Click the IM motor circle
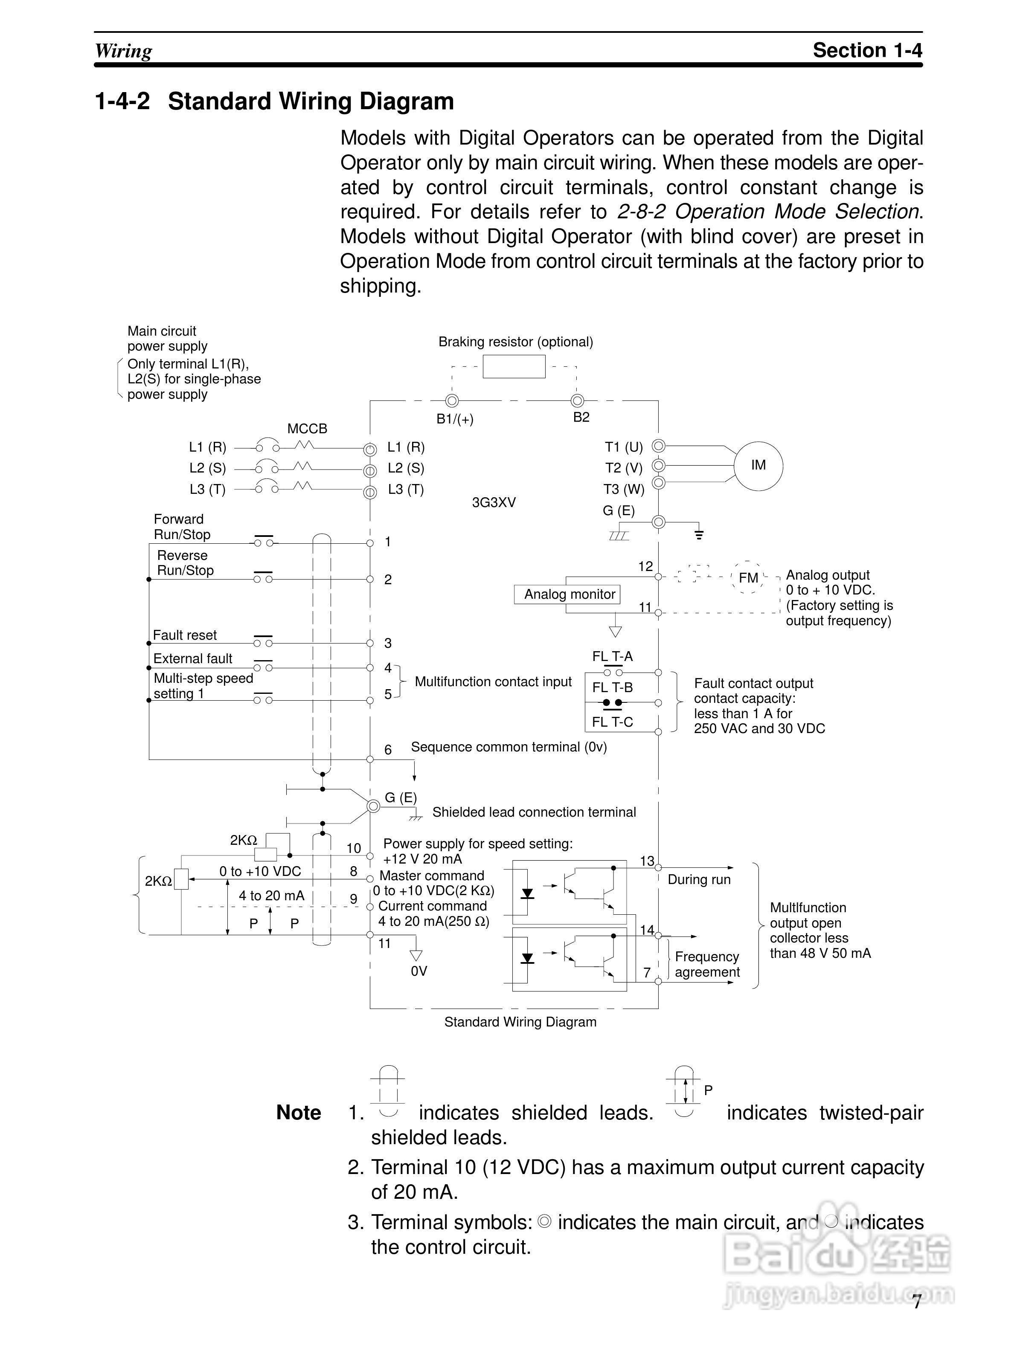pyautogui.click(x=758, y=465)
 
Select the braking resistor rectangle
pyautogui.click(x=514, y=366)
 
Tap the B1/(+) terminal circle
pyautogui.click(x=452, y=401)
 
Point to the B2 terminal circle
pyautogui.click(x=577, y=401)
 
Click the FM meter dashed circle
pyautogui.click(x=748, y=577)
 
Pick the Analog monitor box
pyautogui.click(x=569, y=594)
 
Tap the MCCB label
pyautogui.click(x=307, y=429)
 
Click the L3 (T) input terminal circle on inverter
pyautogui.click(x=369, y=492)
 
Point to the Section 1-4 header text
pyautogui.click(x=867, y=50)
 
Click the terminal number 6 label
pyautogui.click(x=388, y=749)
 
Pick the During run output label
pyautogui.click(x=699, y=879)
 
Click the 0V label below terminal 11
pyautogui.click(x=419, y=971)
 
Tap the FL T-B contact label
pyautogui.click(x=612, y=688)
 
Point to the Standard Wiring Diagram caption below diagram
pyautogui.click(x=520, y=1022)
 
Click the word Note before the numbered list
pyautogui.click(x=299, y=1113)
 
